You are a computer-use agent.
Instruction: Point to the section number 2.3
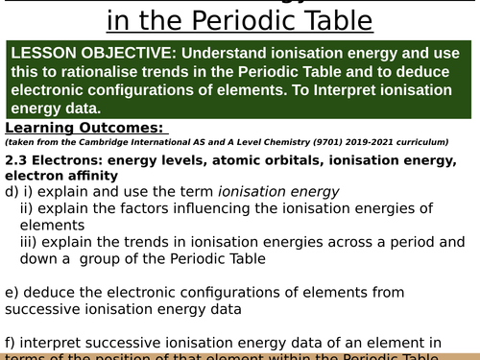coord(16,159)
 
